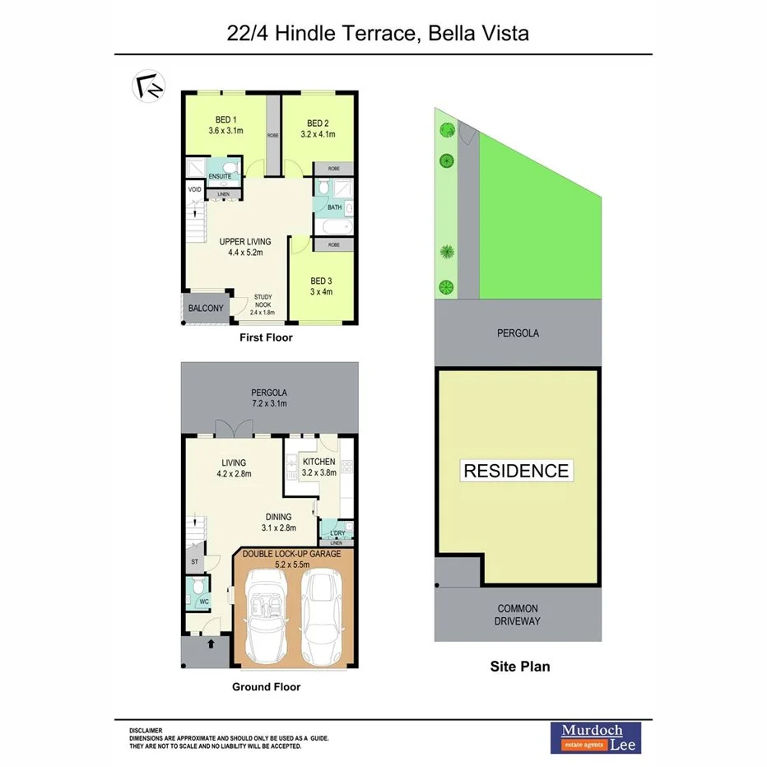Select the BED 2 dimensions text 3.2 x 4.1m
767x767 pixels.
[318, 134]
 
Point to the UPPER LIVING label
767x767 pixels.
[245, 241]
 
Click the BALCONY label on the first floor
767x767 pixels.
[206, 309]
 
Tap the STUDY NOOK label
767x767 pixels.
[263, 298]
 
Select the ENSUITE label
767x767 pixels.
[219, 176]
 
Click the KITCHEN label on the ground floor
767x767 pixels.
[318, 462]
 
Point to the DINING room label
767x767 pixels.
[278, 517]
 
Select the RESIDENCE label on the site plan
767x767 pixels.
[516, 471]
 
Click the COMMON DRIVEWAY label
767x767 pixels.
[518, 615]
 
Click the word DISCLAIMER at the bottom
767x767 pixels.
[146, 730]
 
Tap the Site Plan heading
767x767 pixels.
[519, 666]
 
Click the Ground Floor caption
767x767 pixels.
[266, 686]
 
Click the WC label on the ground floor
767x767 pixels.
[204, 601]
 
